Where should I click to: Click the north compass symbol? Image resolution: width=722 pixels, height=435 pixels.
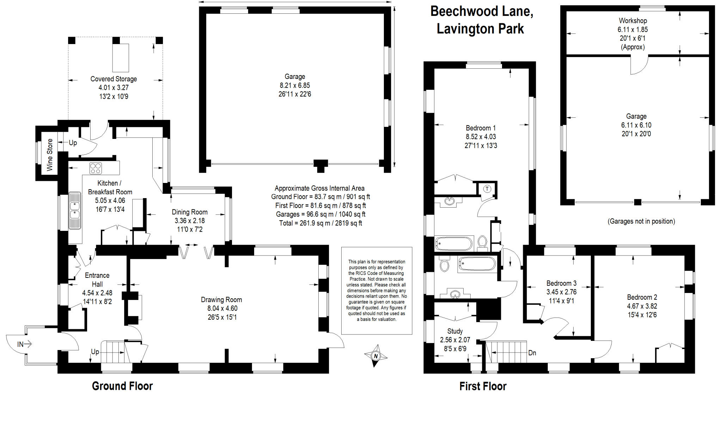[x=375, y=356]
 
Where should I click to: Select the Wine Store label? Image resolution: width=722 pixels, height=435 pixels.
[x=50, y=155]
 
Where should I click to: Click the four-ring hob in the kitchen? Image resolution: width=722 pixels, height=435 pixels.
[x=96, y=168]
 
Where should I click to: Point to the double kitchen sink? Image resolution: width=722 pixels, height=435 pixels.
[x=75, y=210]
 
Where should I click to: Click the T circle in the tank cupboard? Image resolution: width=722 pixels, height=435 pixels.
[x=487, y=189]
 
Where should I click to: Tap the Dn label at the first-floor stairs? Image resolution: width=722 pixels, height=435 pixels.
[x=532, y=353]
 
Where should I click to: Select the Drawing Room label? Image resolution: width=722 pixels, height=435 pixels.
[x=221, y=300]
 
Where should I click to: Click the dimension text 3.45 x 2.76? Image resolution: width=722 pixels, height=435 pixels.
[x=561, y=292]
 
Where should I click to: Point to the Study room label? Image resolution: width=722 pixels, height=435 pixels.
[x=455, y=331]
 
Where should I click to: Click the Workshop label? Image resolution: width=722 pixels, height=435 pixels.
[x=633, y=21]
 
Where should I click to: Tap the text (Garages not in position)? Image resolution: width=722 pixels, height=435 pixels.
[x=641, y=221]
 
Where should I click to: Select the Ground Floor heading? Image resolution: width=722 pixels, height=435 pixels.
[x=122, y=386]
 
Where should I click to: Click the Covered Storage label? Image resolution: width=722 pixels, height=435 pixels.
[x=114, y=79]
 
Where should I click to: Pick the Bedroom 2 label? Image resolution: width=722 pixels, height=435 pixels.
[x=642, y=297]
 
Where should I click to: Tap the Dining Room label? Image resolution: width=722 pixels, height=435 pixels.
[x=190, y=212]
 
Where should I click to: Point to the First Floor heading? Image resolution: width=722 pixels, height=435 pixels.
[x=483, y=386]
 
